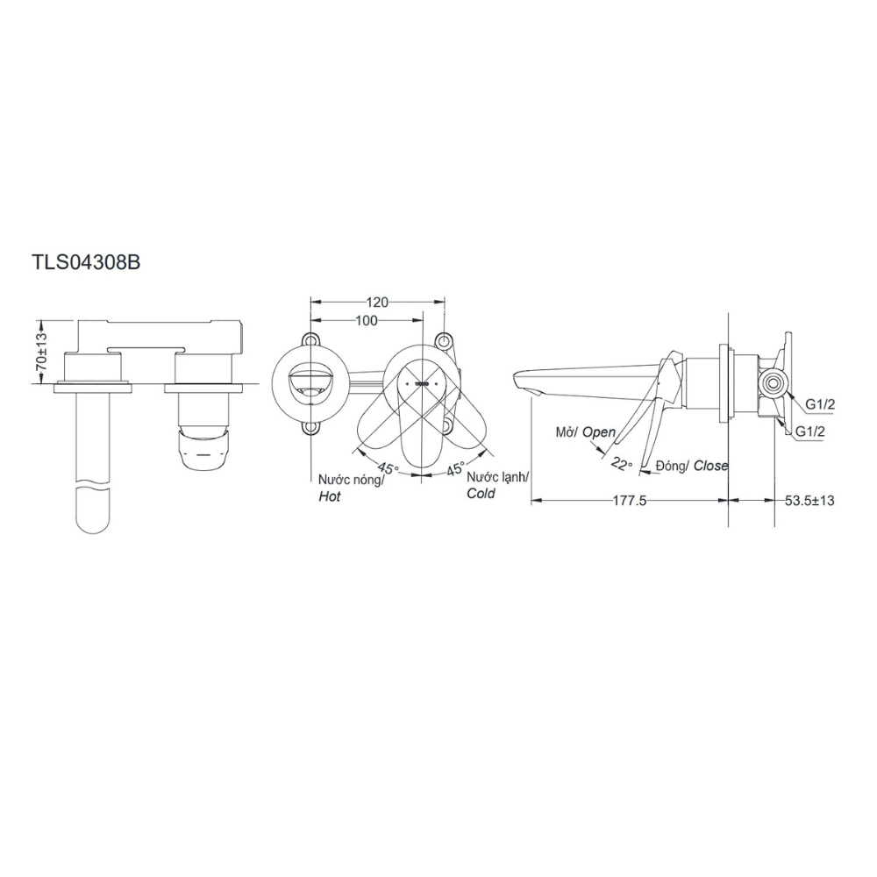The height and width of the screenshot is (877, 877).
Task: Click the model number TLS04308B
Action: click(x=86, y=262)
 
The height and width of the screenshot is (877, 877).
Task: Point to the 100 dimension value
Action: click(x=367, y=321)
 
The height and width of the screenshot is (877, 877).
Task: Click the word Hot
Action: click(x=330, y=496)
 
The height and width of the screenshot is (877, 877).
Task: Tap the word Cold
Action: click(x=481, y=494)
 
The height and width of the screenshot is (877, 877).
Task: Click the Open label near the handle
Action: click(x=599, y=432)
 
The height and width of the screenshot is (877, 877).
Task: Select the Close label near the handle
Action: click(x=710, y=466)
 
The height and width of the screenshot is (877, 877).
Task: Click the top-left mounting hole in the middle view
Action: click(x=310, y=339)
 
